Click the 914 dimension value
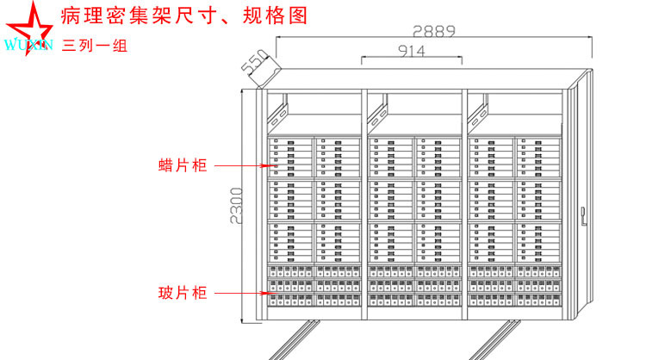(412, 51)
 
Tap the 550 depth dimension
(252, 64)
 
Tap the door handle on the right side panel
(587, 210)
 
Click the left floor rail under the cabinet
(293, 341)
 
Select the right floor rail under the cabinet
(500, 341)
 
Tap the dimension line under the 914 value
(412, 60)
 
